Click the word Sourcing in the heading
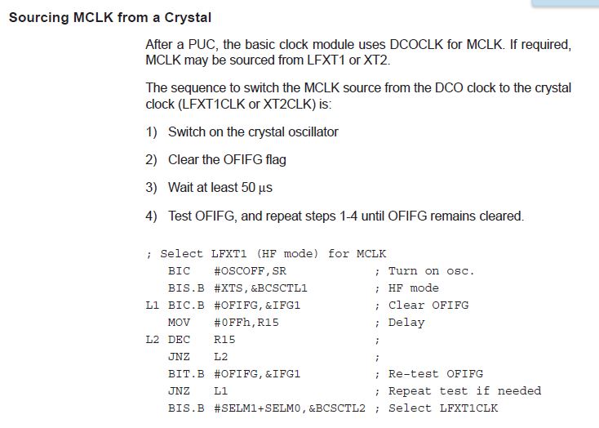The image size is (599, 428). click(37, 17)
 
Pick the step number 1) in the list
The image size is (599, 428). click(151, 132)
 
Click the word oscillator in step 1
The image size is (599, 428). click(308, 132)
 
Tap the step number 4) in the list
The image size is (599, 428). click(151, 216)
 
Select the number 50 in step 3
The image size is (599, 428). click(249, 188)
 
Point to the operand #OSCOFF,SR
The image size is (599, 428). click(251, 270)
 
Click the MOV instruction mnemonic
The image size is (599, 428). click(179, 322)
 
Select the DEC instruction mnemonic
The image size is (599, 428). click(179, 339)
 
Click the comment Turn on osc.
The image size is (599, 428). click(431, 270)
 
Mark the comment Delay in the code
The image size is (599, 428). click(406, 322)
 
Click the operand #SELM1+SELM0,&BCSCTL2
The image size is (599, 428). click(289, 408)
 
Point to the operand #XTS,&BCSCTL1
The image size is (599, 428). click(260, 288)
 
